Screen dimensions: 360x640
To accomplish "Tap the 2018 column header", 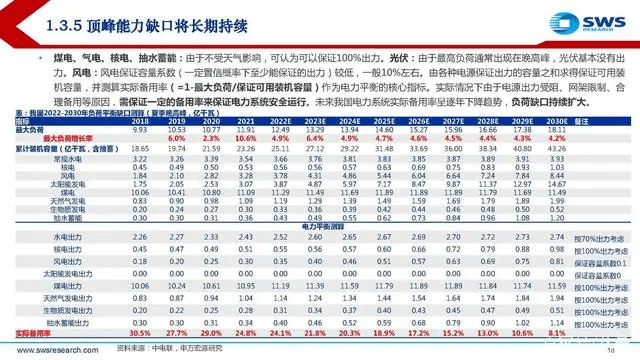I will [x=140, y=120].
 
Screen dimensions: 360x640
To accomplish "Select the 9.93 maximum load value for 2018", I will [x=140, y=129].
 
